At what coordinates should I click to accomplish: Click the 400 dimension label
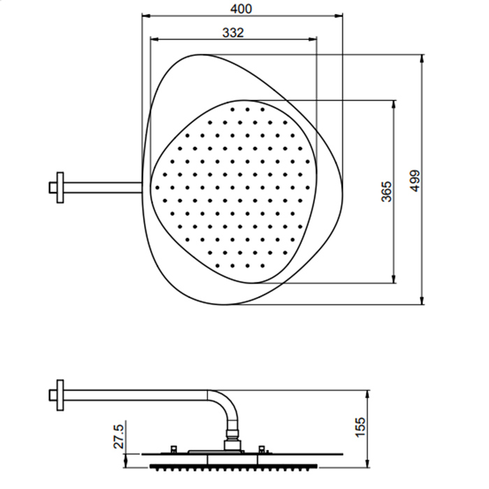[241, 9]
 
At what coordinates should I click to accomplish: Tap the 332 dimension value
[233, 32]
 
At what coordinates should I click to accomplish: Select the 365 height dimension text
[386, 191]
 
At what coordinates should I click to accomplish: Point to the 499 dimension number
[415, 181]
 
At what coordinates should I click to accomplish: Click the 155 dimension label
[360, 427]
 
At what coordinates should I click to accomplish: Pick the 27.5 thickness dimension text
[119, 436]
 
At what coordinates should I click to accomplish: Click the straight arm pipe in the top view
[103, 188]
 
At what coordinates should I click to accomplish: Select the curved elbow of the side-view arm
[226, 405]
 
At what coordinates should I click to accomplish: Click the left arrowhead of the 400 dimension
[145, 15]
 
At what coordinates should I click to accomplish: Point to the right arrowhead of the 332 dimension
[313, 39]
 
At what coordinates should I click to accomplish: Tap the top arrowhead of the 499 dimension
[422, 58]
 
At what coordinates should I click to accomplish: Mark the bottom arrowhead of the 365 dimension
[393, 279]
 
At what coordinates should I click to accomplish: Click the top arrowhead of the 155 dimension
[368, 394]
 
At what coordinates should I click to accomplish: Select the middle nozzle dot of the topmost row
[247, 110]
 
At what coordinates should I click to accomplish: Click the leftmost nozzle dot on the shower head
[157, 187]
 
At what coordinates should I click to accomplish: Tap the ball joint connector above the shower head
[232, 433]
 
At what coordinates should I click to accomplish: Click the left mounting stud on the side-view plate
[174, 449]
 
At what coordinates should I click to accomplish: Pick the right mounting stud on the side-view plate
[262, 449]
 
